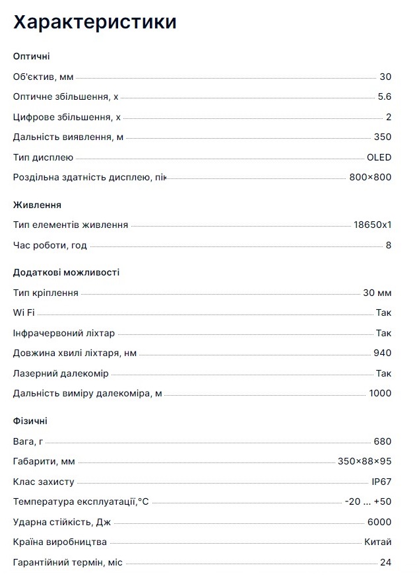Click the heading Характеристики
tap(95, 22)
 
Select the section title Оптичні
tap(31, 56)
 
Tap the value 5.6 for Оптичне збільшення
tap(384, 96)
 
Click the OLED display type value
tap(379, 157)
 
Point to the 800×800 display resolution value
tap(370, 177)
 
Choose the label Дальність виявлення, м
tap(68, 137)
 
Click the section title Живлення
tap(37, 205)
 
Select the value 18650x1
tap(372, 225)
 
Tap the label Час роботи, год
tap(49, 245)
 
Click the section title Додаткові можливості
tap(66, 272)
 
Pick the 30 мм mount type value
tap(377, 293)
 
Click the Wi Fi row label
tap(24, 312)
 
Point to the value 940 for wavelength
tap(382, 353)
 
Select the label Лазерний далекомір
tap(61, 373)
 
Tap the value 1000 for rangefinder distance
tap(380, 393)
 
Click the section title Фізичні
tap(30, 421)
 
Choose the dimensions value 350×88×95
tap(364, 461)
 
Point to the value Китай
tap(377, 542)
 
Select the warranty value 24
tap(385, 562)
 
